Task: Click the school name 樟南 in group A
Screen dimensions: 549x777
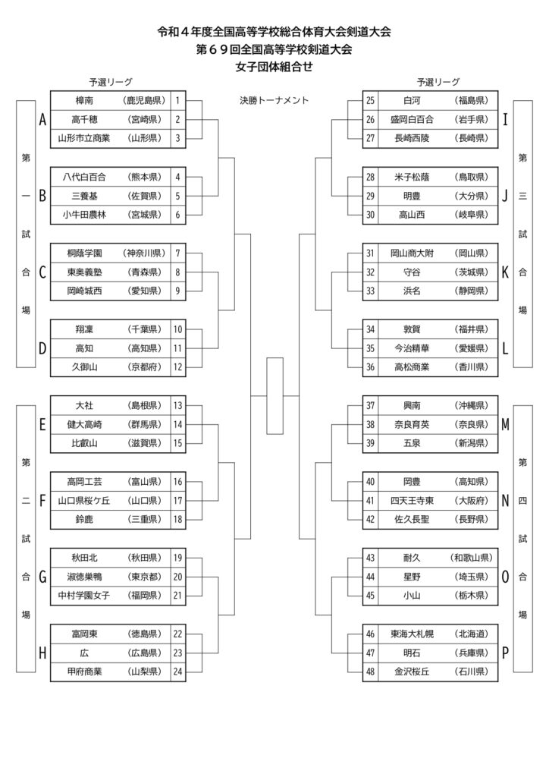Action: pyautogui.click(x=84, y=101)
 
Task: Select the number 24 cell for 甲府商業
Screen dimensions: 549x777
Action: pyautogui.click(x=177, y=672)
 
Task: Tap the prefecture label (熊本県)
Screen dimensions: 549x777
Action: pyautogui.click(x=145, y=177)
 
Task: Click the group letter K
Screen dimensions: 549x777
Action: pyautogui.click(x=505, y=272)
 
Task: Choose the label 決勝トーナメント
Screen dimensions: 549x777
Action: pyautogui.click(x=274, y=101)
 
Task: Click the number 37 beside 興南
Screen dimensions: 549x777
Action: pyautogui.click(x=370, y=405)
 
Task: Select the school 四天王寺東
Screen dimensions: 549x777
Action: pyautogui.click(x=412, y=501)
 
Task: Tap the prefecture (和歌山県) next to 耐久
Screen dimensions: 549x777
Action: pyautogui.click(x=472, y=558)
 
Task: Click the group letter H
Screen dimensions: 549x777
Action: pyautogui.click(x=42, y=653)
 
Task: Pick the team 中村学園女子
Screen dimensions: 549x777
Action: pyautogui.click(x=84, y=596)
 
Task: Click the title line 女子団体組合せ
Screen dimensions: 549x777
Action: pyautogui.click(x=274, y=67)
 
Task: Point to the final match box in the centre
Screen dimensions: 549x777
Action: pyautogui.click(x=274, y=396)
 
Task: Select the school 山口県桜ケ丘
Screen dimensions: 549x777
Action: pyautogui.click(x=84, y=501)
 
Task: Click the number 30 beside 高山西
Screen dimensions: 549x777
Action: pyautogui.click(x=370, y=215)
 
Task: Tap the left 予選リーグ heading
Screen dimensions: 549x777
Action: pyautogui.click(x=111, y=82)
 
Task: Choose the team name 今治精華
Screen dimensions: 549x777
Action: pyautogui.click(x=412, y=348)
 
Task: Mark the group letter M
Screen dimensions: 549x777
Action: pyautogui.click(x=506, y=425)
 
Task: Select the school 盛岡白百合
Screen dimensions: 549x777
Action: pyautogui.click(x=412, y=119)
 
